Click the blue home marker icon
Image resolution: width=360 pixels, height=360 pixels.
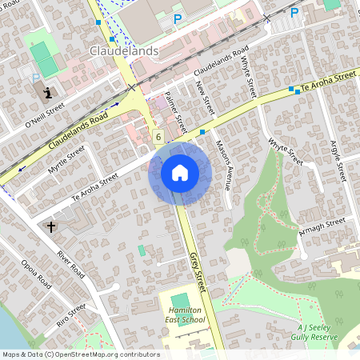179,173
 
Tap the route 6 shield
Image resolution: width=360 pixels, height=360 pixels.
158,137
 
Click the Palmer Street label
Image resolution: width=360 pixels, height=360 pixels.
174,110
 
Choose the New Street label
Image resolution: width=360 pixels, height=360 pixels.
206,98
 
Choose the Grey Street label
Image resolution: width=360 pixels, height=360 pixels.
198,271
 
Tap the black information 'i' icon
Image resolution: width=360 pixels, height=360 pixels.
48,91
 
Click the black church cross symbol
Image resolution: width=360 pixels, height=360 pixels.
52,227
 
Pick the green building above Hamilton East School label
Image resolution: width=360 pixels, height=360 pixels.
181,300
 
